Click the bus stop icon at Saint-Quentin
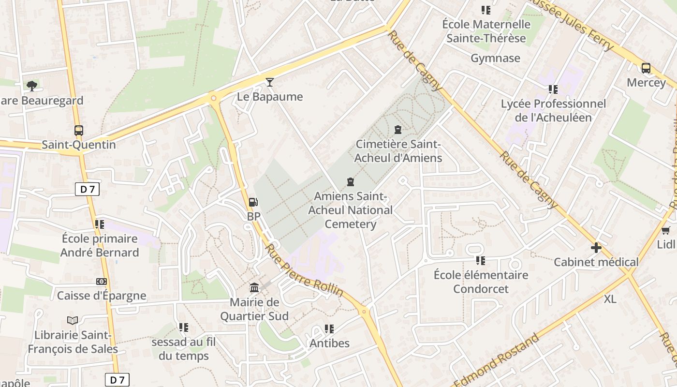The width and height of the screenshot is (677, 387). click(x=78, y=130)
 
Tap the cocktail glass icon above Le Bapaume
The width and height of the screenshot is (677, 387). click(x=269, y=82)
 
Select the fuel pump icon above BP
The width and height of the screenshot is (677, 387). click(x=253, y=202)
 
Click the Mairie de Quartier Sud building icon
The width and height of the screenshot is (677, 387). click(x=254, y=288)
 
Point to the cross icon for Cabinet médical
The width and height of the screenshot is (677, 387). click(x=596, y=248)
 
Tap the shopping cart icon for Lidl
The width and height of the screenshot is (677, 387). click(x=666, y=230)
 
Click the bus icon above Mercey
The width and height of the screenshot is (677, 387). click(x=646, y=68)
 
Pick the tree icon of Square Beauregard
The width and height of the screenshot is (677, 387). click(x=32, y=86)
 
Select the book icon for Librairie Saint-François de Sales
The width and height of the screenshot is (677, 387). click(x=73, y=320)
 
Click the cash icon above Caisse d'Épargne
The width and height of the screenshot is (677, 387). click(x=102, y=282)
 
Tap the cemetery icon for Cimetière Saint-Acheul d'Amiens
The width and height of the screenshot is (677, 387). click(x=397, y=130)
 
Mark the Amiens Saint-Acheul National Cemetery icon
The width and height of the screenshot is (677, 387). click(x=350, y=182)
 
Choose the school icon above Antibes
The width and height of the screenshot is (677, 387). click(x=329, y=329)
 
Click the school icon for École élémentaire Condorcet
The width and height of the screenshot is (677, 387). click(x=480, y=261)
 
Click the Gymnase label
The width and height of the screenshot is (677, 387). click(x=496, y=59)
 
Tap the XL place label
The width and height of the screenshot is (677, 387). click(x=610, y=299)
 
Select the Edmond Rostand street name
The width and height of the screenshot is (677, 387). click(x=498, y=360)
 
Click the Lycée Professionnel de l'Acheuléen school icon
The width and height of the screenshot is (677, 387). click(x=553, y=89)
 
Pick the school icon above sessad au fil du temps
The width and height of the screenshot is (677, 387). click(x=183, y=327)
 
